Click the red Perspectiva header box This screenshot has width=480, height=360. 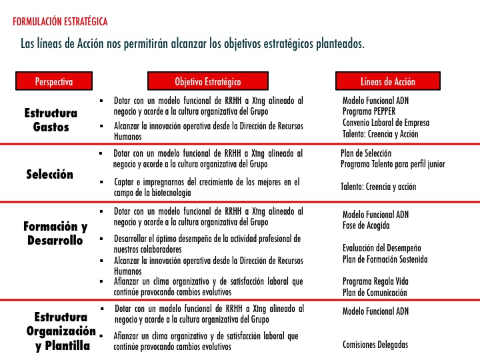pos(53,81)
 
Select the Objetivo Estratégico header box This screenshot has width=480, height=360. pos(207,81)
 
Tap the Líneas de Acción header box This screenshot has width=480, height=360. pos(387,81)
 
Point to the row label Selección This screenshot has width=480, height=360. pos(49,175)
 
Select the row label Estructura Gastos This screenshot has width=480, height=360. pos(51,119)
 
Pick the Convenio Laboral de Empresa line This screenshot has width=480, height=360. pos(386,123)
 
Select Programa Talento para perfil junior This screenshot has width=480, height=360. pos(393,164)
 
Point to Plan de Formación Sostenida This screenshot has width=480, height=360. pos(385,259)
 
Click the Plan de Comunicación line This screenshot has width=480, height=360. pos(374,293)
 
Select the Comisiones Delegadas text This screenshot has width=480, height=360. pos(375,345)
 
